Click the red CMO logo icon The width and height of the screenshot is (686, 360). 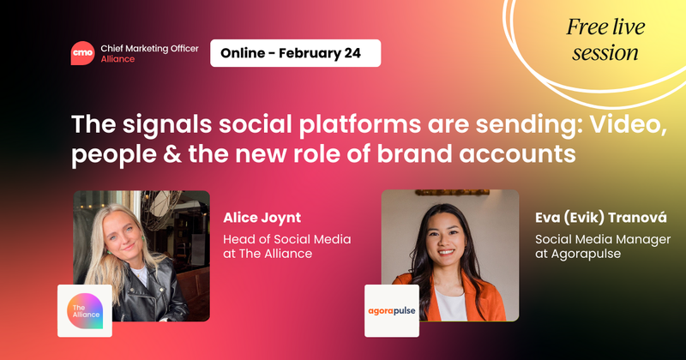[84, 52]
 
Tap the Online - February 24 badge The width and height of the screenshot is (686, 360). [295, 53]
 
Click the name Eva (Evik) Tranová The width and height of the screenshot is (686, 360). [599, 217]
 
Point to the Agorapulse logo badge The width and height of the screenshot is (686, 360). [393, 310]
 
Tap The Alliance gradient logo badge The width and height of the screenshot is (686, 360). [85, 310]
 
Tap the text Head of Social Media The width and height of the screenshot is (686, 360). [286, 239]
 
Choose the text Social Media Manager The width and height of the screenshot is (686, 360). [602, 239]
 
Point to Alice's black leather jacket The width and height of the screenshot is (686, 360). [163, 296]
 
